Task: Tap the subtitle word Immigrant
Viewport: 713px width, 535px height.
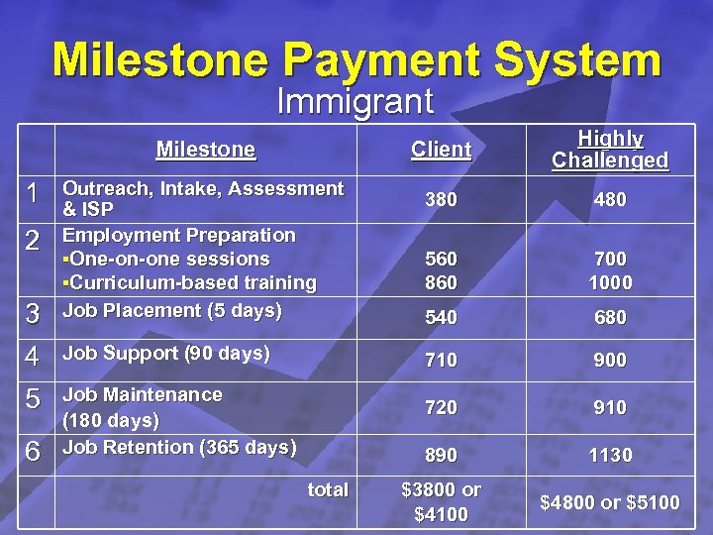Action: pyautogui.click(x=355, y=101)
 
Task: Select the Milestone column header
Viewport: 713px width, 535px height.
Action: pyautogui.click(x=205, y=150)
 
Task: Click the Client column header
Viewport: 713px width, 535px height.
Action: pyautogui.click(x=441, y=150)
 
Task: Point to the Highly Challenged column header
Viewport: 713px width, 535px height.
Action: pyautogui.click(x=610, y=150)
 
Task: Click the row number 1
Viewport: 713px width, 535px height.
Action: pyautogui.click(x=33, y=196)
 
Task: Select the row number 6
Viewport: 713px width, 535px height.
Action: pyautogui.click(x=33, y=452)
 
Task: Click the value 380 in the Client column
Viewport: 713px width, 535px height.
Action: pyautogui.click(x=441, y=200)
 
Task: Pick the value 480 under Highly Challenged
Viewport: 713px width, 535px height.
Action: pyautogui.click(x=610, y=200)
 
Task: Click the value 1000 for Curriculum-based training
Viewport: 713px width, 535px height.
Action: pyautogui.click(x=610, y=282)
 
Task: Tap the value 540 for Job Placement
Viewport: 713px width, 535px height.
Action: pyautogui.click(x=441, y=318)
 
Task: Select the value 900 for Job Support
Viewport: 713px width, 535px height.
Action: pyautogui.click(x=610, y=361)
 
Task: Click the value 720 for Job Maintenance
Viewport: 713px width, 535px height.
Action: pyautogui.click(x=441, y=407)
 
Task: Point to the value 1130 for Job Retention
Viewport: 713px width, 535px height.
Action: pyautogui.click(x=610, y=455)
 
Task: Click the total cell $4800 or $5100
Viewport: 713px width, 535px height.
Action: pyautogui.click(x=610, y=502)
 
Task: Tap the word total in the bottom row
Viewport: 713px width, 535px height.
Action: pyautogui.click(x=328, y=489)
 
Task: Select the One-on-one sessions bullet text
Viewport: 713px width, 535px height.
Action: pyautogui.click(x=166, y=260)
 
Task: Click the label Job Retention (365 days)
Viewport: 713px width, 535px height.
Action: pyautogui.click(x=179, y=447)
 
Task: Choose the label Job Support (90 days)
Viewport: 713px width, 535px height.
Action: pyautogui.click(x=165, y=353)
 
